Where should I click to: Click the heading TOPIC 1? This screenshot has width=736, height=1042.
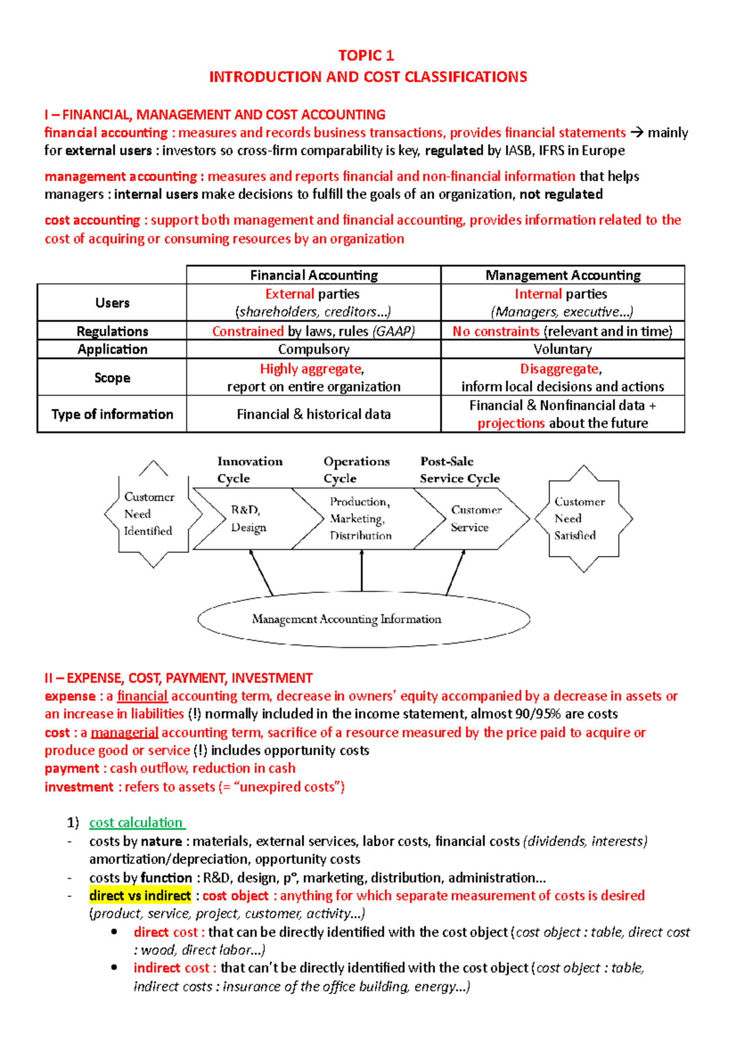pyautogui.click(x=366, y=56)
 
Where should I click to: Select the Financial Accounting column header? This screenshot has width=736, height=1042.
pyautogui.click(x=313, y=276)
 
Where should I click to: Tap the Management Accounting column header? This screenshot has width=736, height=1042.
pyautogui.click(x=562, y=276)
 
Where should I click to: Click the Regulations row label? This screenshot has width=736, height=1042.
pyautogui.click(x=112, y=331)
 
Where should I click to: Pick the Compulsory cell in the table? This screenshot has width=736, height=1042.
pyautogui.click(x=313, y=350)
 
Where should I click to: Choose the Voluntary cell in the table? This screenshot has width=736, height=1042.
pyautogui.click(x=562, y=350)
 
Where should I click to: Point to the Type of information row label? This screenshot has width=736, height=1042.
pyautogui.click(x=112, y=414)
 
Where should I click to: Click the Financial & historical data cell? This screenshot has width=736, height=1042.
pyautogui.click(x=313, y=414)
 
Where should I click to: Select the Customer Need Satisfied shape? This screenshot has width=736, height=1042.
pyautogui.click(x=582, y=519)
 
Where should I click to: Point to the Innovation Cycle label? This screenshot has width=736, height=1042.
pyautogui.click(x=250, y=469)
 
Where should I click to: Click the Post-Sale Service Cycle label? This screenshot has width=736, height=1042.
pyautogui.click(x=459, y=469)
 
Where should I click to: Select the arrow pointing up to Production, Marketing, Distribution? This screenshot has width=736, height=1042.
pyautogui.click(x=362, y=571)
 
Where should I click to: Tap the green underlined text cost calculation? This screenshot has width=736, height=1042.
pyautogui.click(x=136, y=822)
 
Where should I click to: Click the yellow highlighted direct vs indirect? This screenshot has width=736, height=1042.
pyautogui.click(x=140, y=895)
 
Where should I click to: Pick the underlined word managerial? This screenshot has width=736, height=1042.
pyautogui.click(x=125, y=733)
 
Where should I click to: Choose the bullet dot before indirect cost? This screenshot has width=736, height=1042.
pyautogui.click(x=114, y=967)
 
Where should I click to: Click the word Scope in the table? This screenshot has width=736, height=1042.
pyautogui.click(x=112, y=378)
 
